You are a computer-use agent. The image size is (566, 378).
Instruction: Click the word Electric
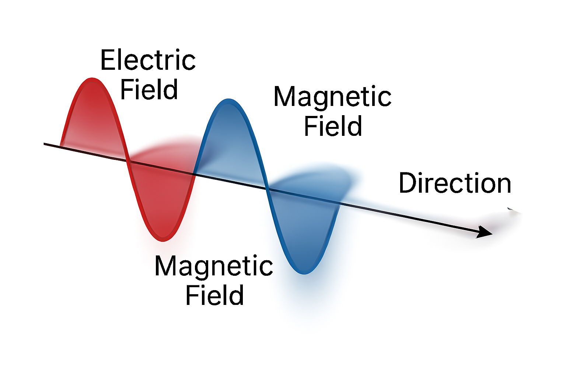pyautogui.click(x=148, y=60)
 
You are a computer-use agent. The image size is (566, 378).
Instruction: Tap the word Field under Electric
pyautogui.click(x=149, y=90)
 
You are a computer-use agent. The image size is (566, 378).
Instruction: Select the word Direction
pyautogui.click(x=455, y=183)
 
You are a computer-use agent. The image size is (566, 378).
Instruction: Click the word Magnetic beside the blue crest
pyautogui.click(x=332, y=97)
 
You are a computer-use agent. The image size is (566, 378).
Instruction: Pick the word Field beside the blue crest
pyautogui.click(x=333, y=126)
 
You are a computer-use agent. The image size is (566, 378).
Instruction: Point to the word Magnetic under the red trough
pyautogui.click(x=214, y=266)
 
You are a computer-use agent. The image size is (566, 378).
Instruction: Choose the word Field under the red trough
pyautogui.click(x=214, y=295)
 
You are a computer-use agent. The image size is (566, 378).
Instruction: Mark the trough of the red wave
pyautogui.click(x=163, y=240)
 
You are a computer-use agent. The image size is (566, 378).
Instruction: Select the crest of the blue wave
pyautogui.click(x=228, y=101)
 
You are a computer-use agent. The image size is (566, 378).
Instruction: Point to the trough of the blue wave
pyautogui.click(x=304, y=272)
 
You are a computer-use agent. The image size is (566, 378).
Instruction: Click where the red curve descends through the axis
pyautogui.click(x=127, y=161)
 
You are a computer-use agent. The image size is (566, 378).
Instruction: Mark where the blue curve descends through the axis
pyautogui.click(x=268, y=189)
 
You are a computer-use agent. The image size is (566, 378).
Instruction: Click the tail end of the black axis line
pyautogui.click(x=45, y=144)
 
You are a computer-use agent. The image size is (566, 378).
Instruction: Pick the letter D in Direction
pyautogui.click(x=408, y=183)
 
